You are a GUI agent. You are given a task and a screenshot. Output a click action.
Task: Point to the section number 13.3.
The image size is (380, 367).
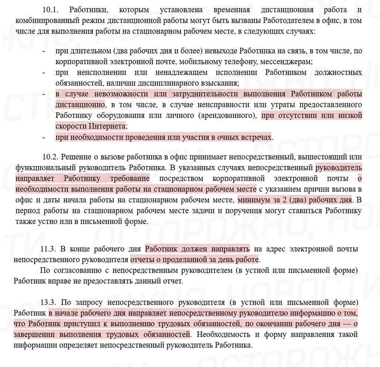[x=49, y=303]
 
